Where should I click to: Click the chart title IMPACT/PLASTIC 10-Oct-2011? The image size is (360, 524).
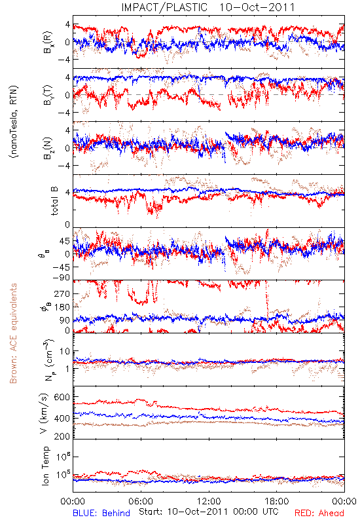(x=208, y=7)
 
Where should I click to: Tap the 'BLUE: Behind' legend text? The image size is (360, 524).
(x=101, y=513)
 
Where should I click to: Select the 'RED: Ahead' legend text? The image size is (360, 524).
(x=319, y=513)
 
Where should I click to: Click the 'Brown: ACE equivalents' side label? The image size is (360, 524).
(x=13, y=333)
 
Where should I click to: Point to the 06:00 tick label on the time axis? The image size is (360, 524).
(x=141, y=501)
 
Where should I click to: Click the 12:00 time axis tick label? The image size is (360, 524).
(x=209, y=501)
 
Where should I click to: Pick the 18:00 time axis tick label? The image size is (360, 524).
(x=276, y=501)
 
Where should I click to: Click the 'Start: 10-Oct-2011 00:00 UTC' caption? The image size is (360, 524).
(x=209, y=512)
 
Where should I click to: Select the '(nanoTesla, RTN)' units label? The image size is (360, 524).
(x=14, y=122)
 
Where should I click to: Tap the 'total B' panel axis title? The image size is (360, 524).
(x=54, y=201)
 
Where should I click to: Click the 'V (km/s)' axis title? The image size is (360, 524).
(x=44, y=414)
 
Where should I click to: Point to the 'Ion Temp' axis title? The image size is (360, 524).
(x=45, y=466)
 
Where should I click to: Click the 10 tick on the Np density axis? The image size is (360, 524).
(x=65, y=351)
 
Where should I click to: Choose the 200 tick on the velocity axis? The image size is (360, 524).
(x=62, y=436)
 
